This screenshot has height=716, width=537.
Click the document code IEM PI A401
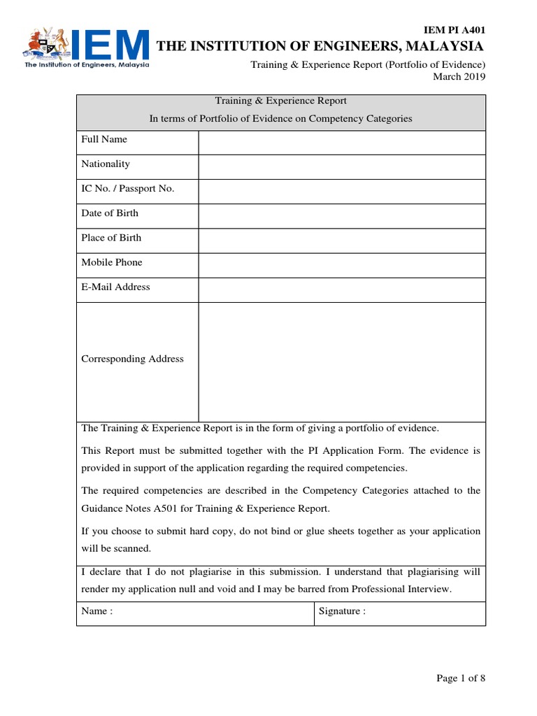tap(455, 29)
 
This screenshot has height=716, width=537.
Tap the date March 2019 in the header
tap(459, 76)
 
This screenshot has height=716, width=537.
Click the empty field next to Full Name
tap(341, 142)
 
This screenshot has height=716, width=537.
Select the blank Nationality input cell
tap(341, 166)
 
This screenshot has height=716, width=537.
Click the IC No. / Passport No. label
tap(128, 189)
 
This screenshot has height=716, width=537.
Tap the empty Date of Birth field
tap(341, 215)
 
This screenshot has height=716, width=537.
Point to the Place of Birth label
tap(111, 238)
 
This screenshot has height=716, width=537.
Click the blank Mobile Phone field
tap(341, 265)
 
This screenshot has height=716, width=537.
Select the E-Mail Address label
tap(115, 287)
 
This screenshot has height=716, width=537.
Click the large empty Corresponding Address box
tap(341, 361)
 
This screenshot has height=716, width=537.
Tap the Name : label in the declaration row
tap(97, 611)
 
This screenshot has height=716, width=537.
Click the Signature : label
tap(343, 611)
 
